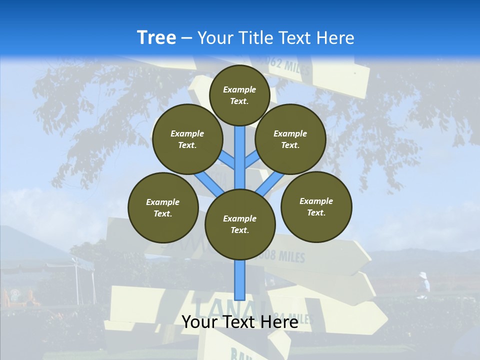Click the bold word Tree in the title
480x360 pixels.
pos(156,37)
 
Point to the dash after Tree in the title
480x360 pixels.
pos(186,38)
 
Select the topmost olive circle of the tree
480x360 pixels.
pos(239,95)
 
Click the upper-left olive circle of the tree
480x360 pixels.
pos(187,139)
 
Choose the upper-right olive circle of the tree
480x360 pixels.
pos(290,139)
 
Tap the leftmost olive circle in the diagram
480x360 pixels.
pos(163,207)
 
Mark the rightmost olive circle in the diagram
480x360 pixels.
pos(316,206)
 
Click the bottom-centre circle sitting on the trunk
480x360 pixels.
pos(240,224)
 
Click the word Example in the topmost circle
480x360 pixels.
pos(239,89)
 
